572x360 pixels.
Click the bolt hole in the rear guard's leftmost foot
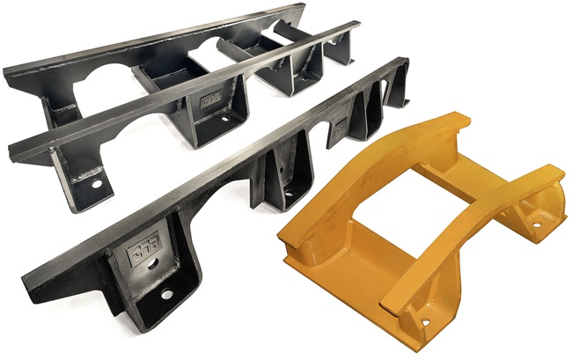pyautogui.click(x=96, y=185)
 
